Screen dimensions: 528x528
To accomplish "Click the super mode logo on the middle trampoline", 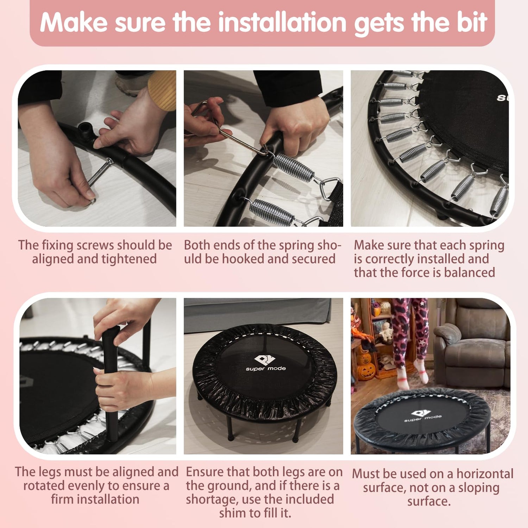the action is pos(266,363).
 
